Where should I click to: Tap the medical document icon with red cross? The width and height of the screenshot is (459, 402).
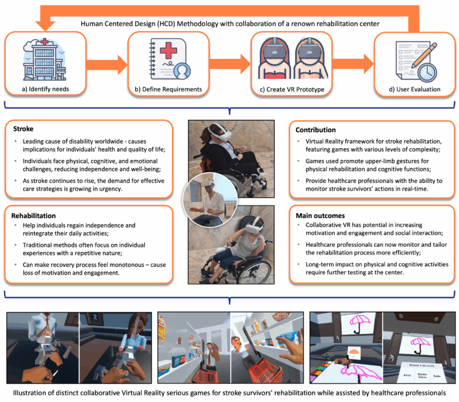pos(167,59)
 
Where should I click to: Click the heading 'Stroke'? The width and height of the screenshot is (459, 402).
pos(23,128)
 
